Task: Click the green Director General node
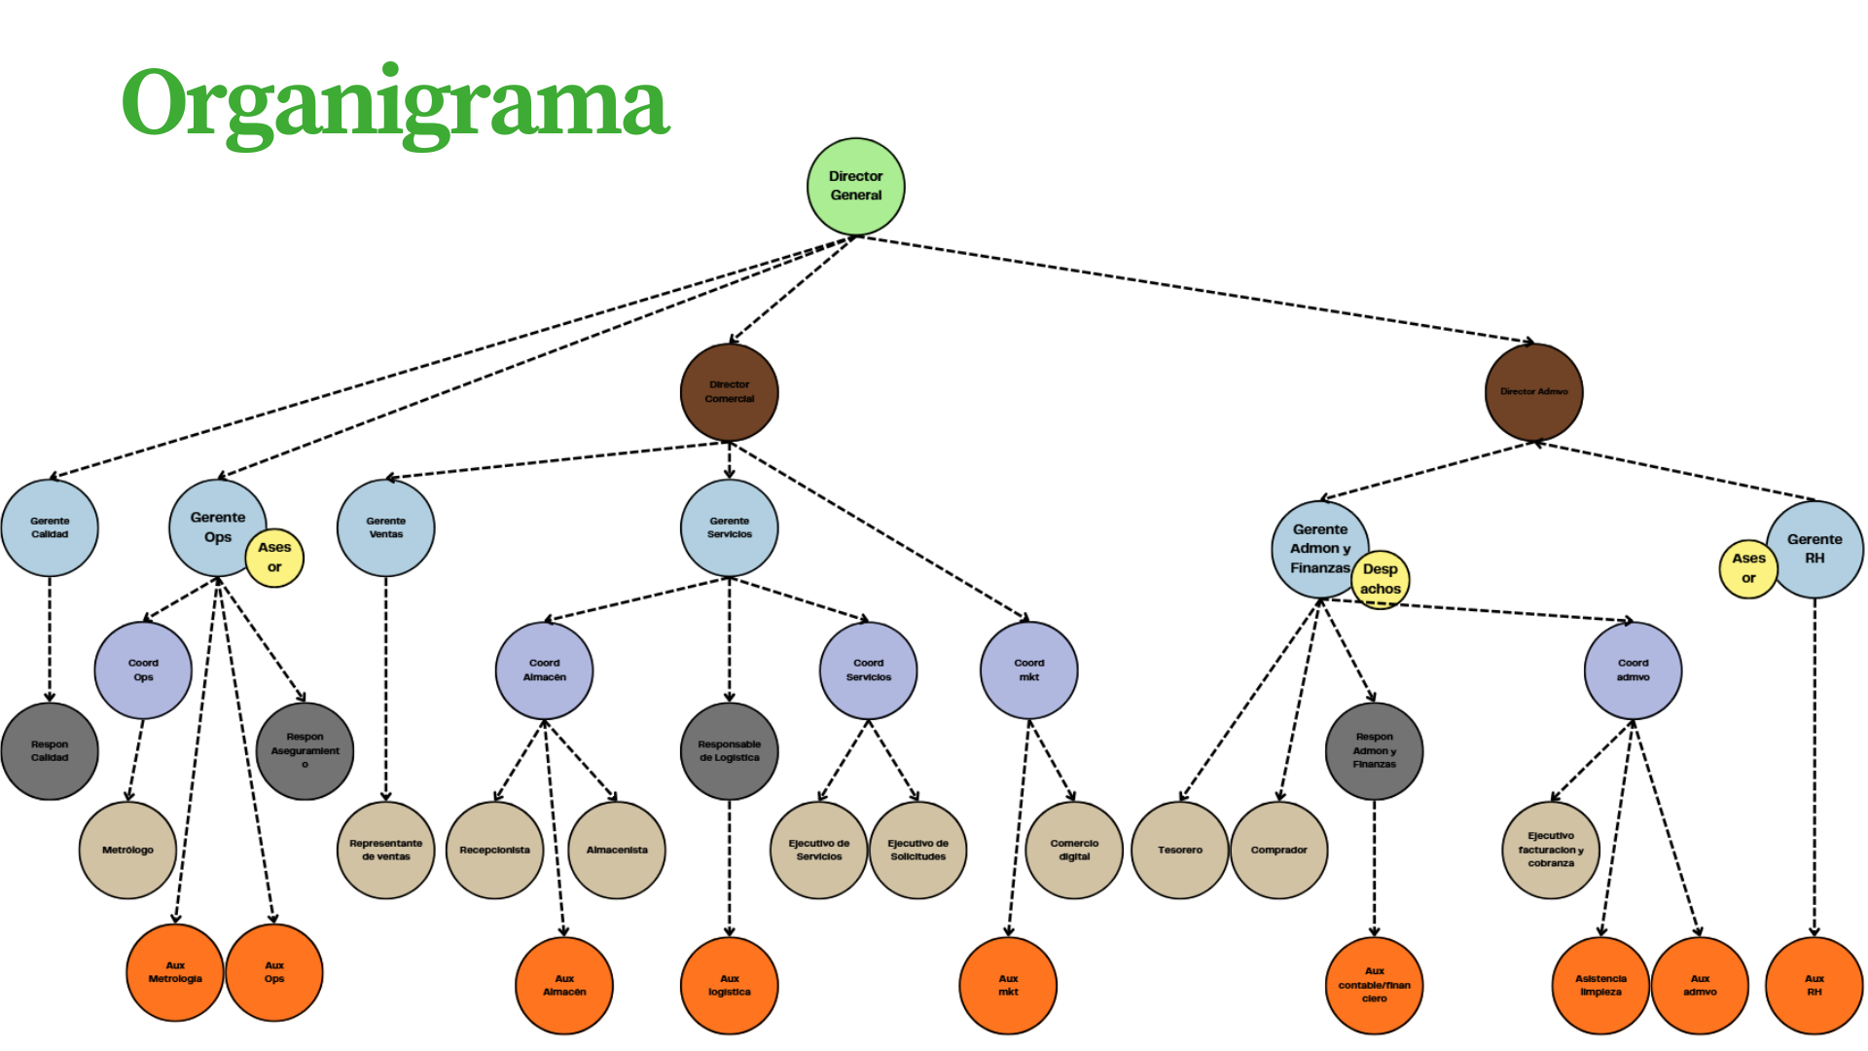[x=856, y=186]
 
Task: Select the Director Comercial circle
[x=730, y=391]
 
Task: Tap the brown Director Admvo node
[x=1534, y=391]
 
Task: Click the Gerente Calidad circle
[x=50, y=527]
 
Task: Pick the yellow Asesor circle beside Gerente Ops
[x=274, y=558]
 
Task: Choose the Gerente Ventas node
[x=386, y=527]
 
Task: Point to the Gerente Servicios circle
[x=730, y=527]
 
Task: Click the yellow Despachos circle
[x=1381, y=579]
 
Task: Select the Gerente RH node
[x=1815, y=549]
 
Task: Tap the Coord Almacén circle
[x=545, y=670]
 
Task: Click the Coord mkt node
[x=1029, y=670]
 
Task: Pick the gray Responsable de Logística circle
[x=730, y=751]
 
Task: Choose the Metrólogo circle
[x=127, y=850]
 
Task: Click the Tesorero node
[x=1180, y=850]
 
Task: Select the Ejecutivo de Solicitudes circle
[x=918, y=850]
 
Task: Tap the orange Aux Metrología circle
[x=175, y=972]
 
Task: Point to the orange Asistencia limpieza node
[x=1600, y=985]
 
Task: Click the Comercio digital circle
[x=1074, y=850]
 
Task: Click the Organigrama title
[x=395, y=103]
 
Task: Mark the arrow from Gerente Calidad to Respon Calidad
[x=50, y=639]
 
